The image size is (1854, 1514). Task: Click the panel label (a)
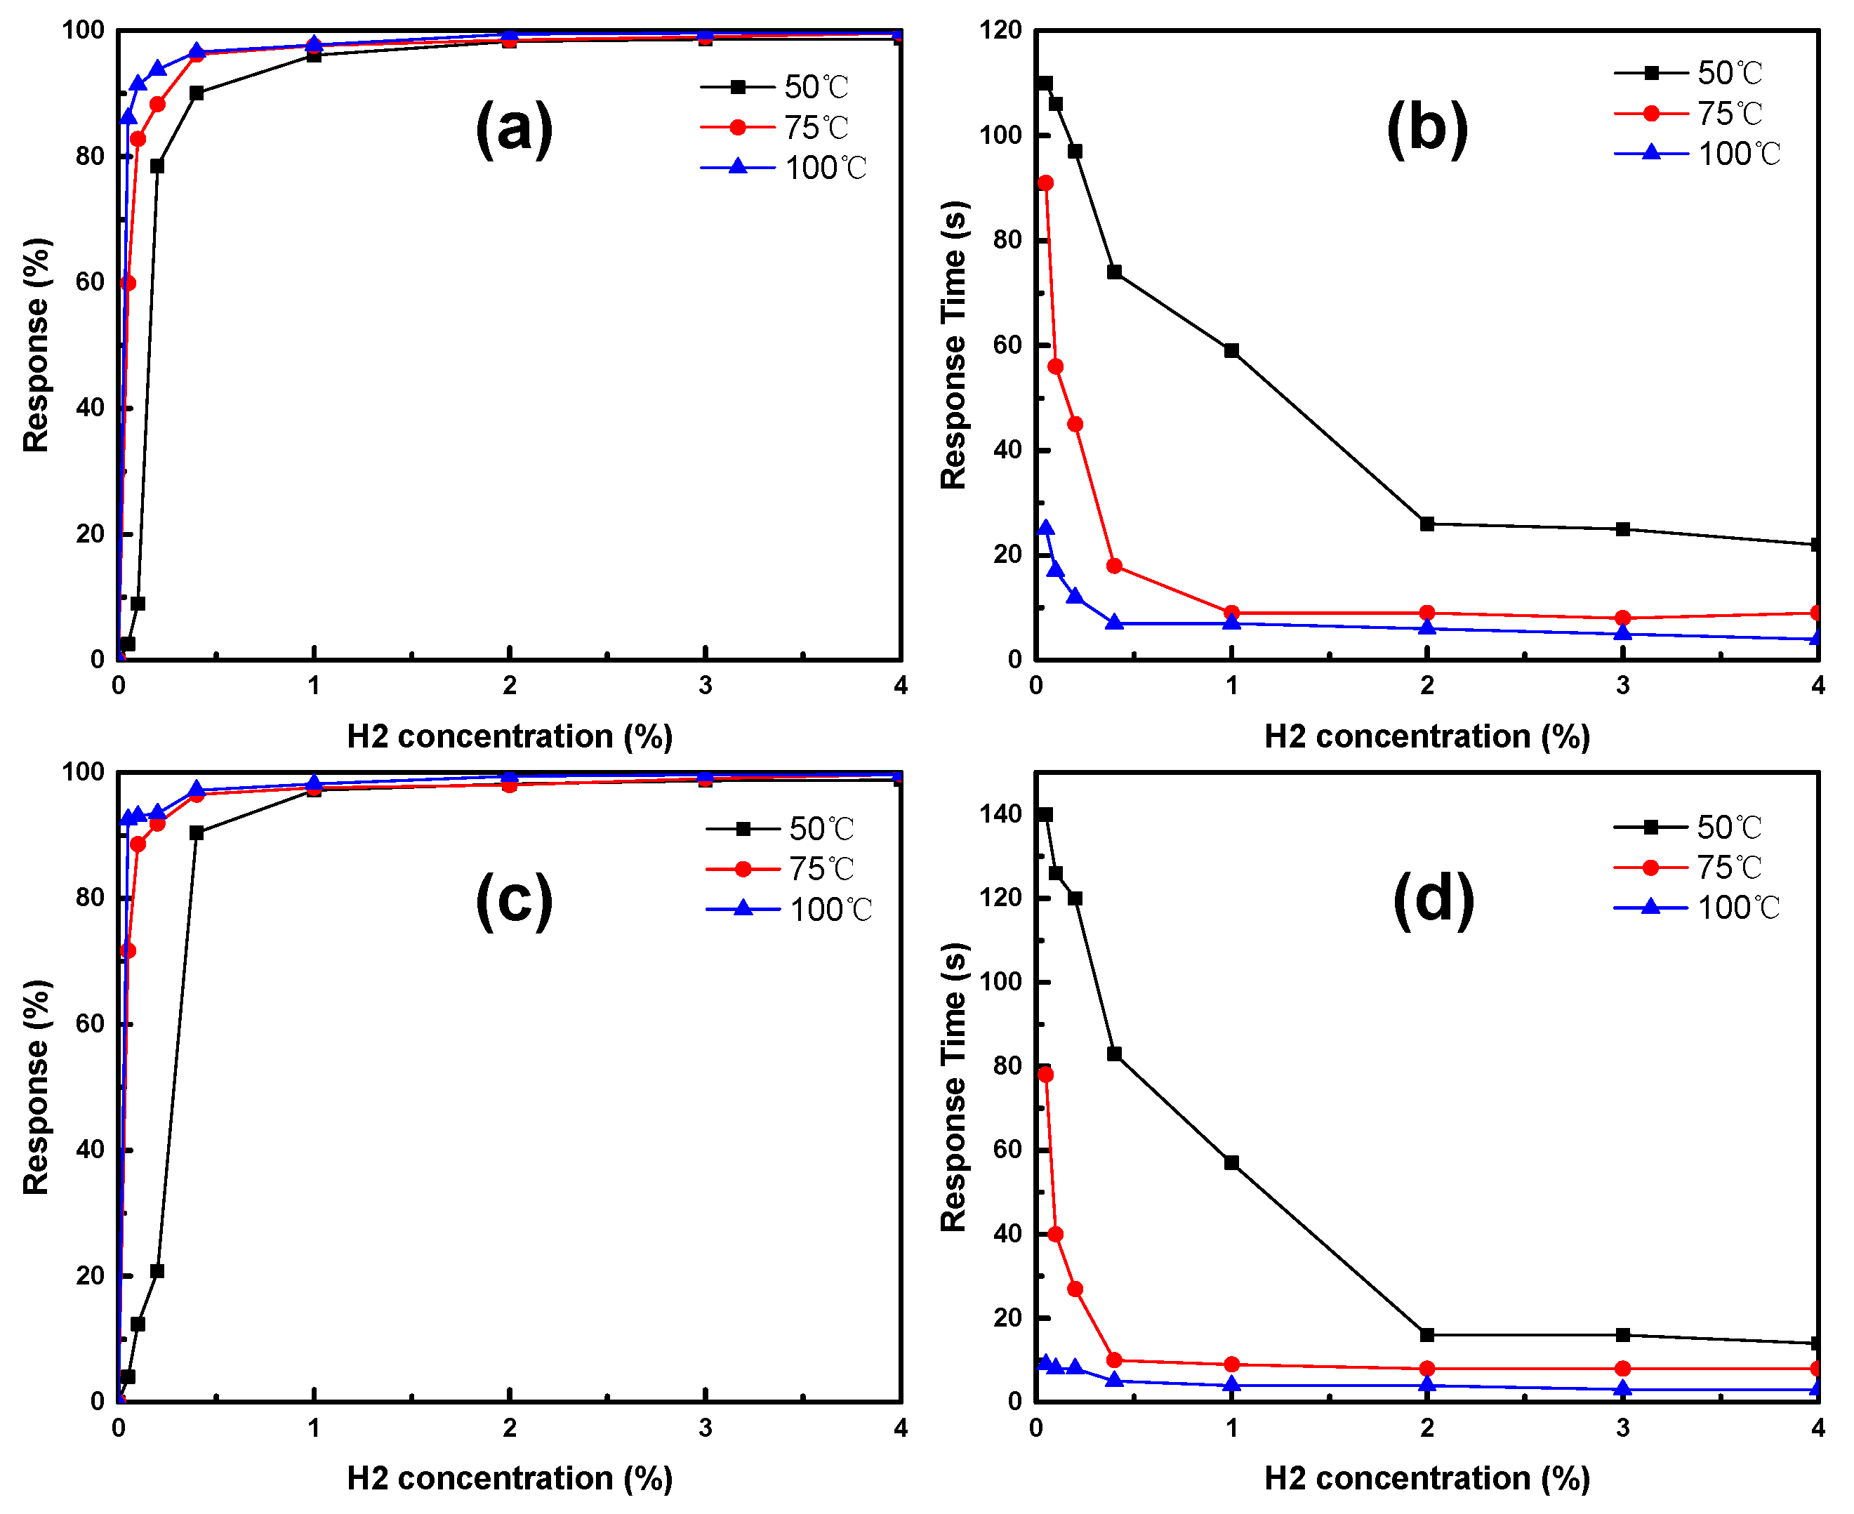[x=514, y=128]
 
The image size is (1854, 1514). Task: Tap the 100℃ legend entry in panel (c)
[x=788, y=910]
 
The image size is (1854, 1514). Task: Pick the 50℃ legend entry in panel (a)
[x=774, y=86]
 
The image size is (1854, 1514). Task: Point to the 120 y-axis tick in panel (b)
[x=1000, y=29]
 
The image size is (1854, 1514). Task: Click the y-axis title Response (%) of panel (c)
[x=36, y=1087]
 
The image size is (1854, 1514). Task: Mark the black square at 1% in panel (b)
[x=1231, y=350]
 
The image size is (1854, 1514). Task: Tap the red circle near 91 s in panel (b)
[x=1045, y=183]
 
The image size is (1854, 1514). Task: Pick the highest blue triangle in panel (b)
[x=1045, y=529]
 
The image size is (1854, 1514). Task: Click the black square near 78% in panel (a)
[x=157, y=166]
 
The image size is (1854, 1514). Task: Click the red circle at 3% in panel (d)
[x=1623, y=1369]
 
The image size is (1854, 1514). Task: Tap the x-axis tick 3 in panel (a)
[x=705, y=686]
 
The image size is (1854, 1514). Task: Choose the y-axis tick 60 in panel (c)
[x=89, y=1024]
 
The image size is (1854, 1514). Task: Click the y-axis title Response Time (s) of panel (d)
[x=954, y=1087]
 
